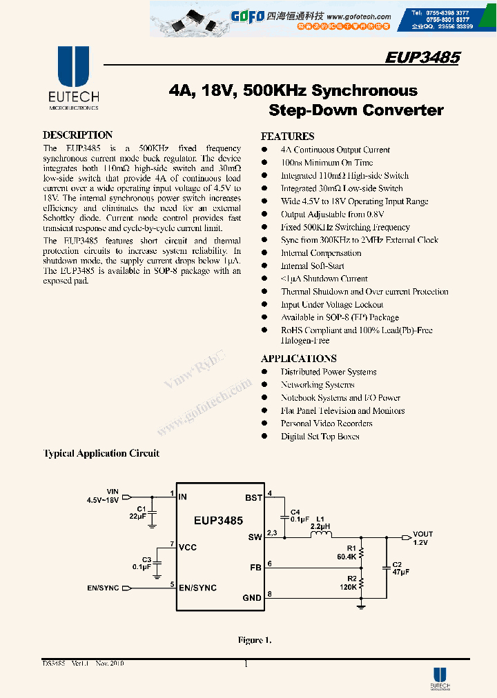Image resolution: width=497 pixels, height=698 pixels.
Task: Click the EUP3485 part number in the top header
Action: click(422, 58)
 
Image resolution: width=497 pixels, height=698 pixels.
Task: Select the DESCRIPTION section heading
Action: click(77, 135)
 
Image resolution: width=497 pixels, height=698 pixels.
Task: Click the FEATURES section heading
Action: click(287, 137)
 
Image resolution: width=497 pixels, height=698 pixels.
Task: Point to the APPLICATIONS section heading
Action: click(298, 359)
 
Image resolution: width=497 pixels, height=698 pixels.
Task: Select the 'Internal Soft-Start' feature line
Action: click(312, 266)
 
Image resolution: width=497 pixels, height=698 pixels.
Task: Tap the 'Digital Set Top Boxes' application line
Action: click(320, 437)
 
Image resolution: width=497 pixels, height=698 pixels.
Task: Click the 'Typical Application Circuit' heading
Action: click(101, 454)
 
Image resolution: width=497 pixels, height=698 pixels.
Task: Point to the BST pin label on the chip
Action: click(253, 497)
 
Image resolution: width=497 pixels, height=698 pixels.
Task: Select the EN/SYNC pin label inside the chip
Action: click(197, 588)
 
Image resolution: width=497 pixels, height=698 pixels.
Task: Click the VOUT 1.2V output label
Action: click(422, 538)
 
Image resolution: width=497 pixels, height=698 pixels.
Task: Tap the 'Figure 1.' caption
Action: click(254, 641)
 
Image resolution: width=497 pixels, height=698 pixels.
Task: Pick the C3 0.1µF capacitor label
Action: click(142, 563)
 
